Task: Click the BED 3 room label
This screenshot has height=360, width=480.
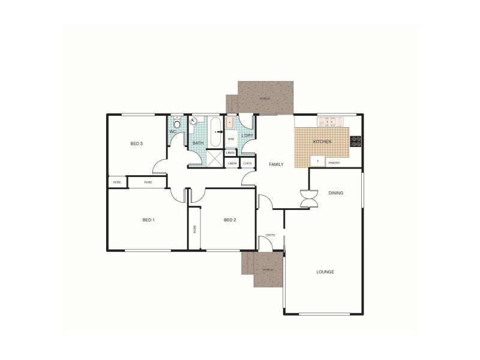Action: [137, 143]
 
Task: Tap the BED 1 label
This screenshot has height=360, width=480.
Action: [149, 220]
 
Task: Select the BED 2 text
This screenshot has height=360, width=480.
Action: [230, 220]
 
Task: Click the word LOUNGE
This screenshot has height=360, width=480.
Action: [325, 272]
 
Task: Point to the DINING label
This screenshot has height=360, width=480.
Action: [336, 193]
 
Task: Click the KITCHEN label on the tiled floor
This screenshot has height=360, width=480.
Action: [322, 142]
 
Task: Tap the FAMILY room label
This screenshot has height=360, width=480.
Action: [276, 164]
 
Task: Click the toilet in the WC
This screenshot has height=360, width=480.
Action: [177, 125]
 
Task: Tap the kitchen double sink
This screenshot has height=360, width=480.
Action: [329, 121]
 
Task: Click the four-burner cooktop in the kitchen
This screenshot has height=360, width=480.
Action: [356, 142]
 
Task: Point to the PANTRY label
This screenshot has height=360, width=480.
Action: [335, 163]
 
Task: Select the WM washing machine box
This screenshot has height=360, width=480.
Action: [231, 139]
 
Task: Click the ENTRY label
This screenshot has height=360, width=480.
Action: [271, 235]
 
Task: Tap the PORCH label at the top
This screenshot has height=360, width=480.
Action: [265, 98]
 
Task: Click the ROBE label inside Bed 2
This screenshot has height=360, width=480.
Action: [194, 229]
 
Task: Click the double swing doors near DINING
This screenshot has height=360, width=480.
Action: [308, 199]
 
